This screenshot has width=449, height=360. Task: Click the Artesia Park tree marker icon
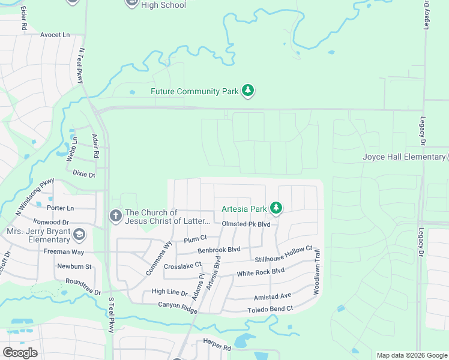[x=276, y=208]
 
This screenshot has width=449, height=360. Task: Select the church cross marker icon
[x=115, y=215]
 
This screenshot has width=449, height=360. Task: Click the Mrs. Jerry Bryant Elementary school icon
[x=80, y=233]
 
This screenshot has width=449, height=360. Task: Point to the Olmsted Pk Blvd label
[x=246, y=224]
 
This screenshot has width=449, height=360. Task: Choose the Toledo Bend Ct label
[x=270, y=310]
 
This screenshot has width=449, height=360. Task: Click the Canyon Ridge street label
[x=178, y=305]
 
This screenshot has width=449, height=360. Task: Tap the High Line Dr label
[x=170, y=292]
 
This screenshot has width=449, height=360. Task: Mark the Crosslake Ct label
[x=182, y=265]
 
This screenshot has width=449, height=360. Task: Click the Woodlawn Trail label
[x=316, y=272]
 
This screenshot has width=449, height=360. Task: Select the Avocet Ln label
[x=55, y=35]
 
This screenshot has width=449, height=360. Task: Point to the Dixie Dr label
[x=84, y=173]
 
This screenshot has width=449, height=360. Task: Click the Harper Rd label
[x=217, y=347]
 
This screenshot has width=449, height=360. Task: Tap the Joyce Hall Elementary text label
[x=403, y=157]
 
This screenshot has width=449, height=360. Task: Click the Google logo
[x=20, y=352]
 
